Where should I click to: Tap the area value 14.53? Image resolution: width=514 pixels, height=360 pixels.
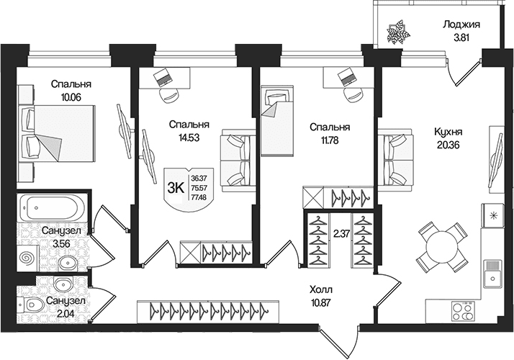(189, 138)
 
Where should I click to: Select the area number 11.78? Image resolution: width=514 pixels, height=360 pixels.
(330, 140)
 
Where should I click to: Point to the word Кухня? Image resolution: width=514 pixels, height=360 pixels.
(448, 132)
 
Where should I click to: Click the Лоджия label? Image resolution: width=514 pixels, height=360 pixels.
(461, 24)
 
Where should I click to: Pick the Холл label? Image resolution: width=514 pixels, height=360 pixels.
(321, 290)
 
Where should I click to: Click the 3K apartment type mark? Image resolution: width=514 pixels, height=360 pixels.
(175, 188)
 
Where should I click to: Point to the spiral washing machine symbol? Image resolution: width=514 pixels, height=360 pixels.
(28, 258)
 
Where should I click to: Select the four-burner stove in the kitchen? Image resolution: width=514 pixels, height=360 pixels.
(462, 311)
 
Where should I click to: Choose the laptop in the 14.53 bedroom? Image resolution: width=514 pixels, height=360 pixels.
(163, 77)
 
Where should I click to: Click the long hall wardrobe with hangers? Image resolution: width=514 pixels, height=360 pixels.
(209, 309)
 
